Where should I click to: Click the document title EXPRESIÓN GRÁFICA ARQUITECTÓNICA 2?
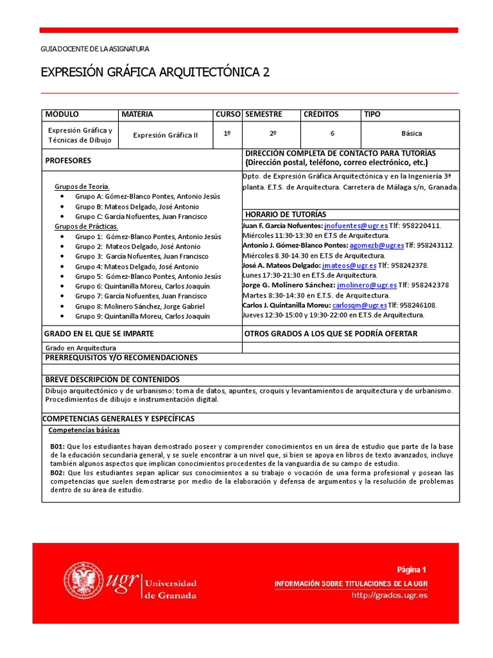(155, 73)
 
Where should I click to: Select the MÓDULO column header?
(62, 114)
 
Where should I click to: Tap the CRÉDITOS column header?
(320, 114)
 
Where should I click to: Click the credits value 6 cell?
(332, 134)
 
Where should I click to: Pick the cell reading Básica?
(411, 134)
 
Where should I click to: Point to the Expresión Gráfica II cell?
(166, 135)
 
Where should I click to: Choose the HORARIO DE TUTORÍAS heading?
(285, 214)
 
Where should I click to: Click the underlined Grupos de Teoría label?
(82, 186)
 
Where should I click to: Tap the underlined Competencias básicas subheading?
(84, 431)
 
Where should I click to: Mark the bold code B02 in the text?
(58, 473)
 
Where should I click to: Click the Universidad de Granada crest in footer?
(82, 582)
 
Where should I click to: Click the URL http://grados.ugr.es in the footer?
(389, 595)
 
